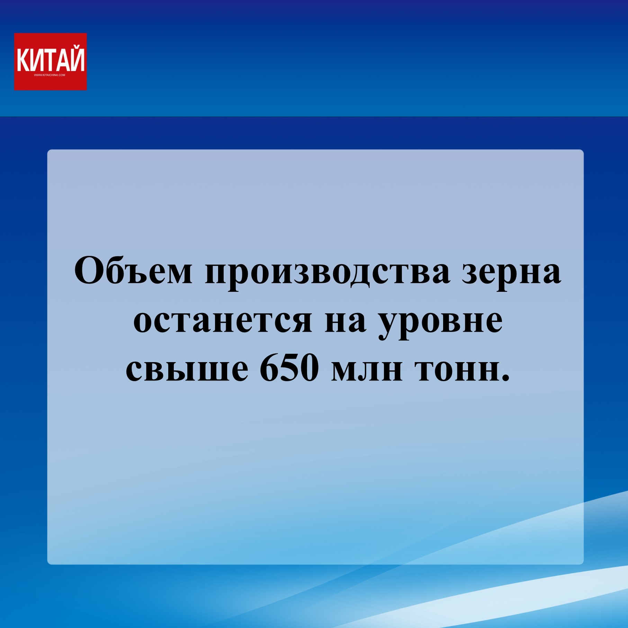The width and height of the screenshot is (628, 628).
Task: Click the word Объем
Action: pyautogui.click(x=133, y=270)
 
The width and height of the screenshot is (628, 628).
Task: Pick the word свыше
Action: pyautogui.click(x=187, y=370)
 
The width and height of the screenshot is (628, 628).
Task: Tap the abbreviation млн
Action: pyautogui.click(x=367, y=370)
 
